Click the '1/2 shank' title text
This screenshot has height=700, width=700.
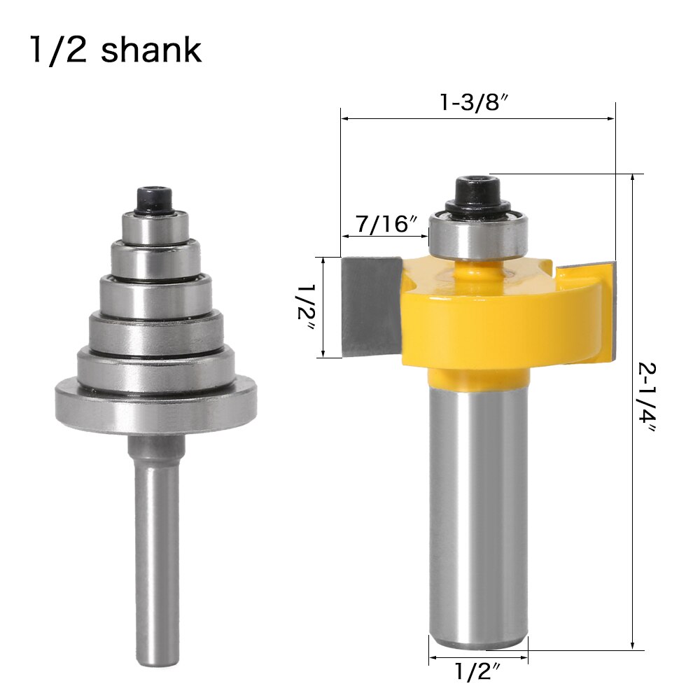pos(115,50)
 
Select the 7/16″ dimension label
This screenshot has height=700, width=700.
pos(386,225)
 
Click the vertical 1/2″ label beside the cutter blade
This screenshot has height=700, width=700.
pos(305,308)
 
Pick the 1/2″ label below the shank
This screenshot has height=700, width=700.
pos(478,672)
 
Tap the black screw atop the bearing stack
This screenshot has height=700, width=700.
pos(155,197)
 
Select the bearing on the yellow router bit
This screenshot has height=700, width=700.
pos(477,234)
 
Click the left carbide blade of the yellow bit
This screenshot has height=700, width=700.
pos(371,304)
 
